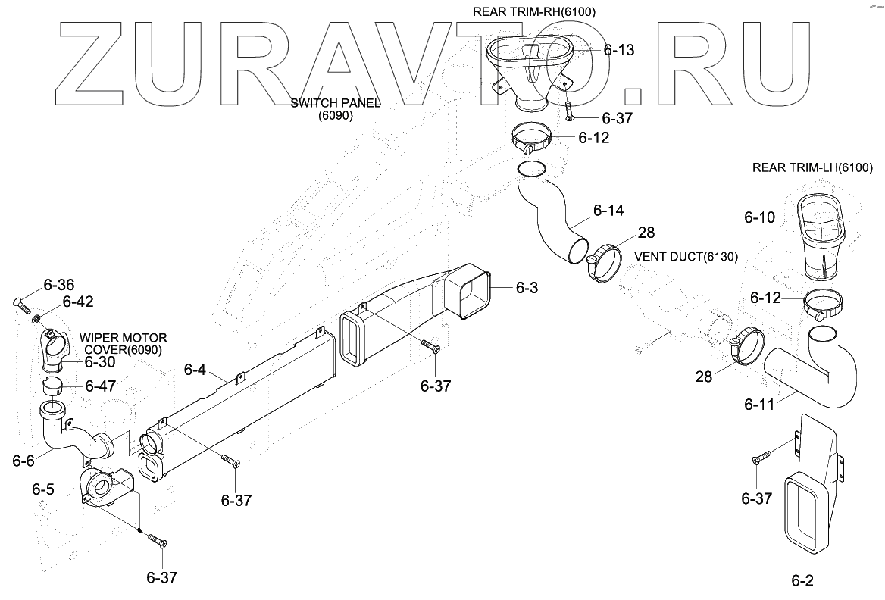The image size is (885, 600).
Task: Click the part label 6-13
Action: (619, 51)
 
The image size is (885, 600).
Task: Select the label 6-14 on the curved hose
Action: (608, 210)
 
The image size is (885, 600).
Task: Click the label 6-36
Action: (59, 286)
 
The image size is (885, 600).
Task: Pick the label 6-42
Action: (78, 301)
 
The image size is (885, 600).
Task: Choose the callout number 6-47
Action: (99, 386)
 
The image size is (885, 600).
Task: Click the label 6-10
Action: (759, 217)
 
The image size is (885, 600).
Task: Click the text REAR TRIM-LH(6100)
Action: (812, 167)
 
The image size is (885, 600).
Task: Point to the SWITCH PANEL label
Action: (336, 104)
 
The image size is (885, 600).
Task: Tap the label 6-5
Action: (43, 489)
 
